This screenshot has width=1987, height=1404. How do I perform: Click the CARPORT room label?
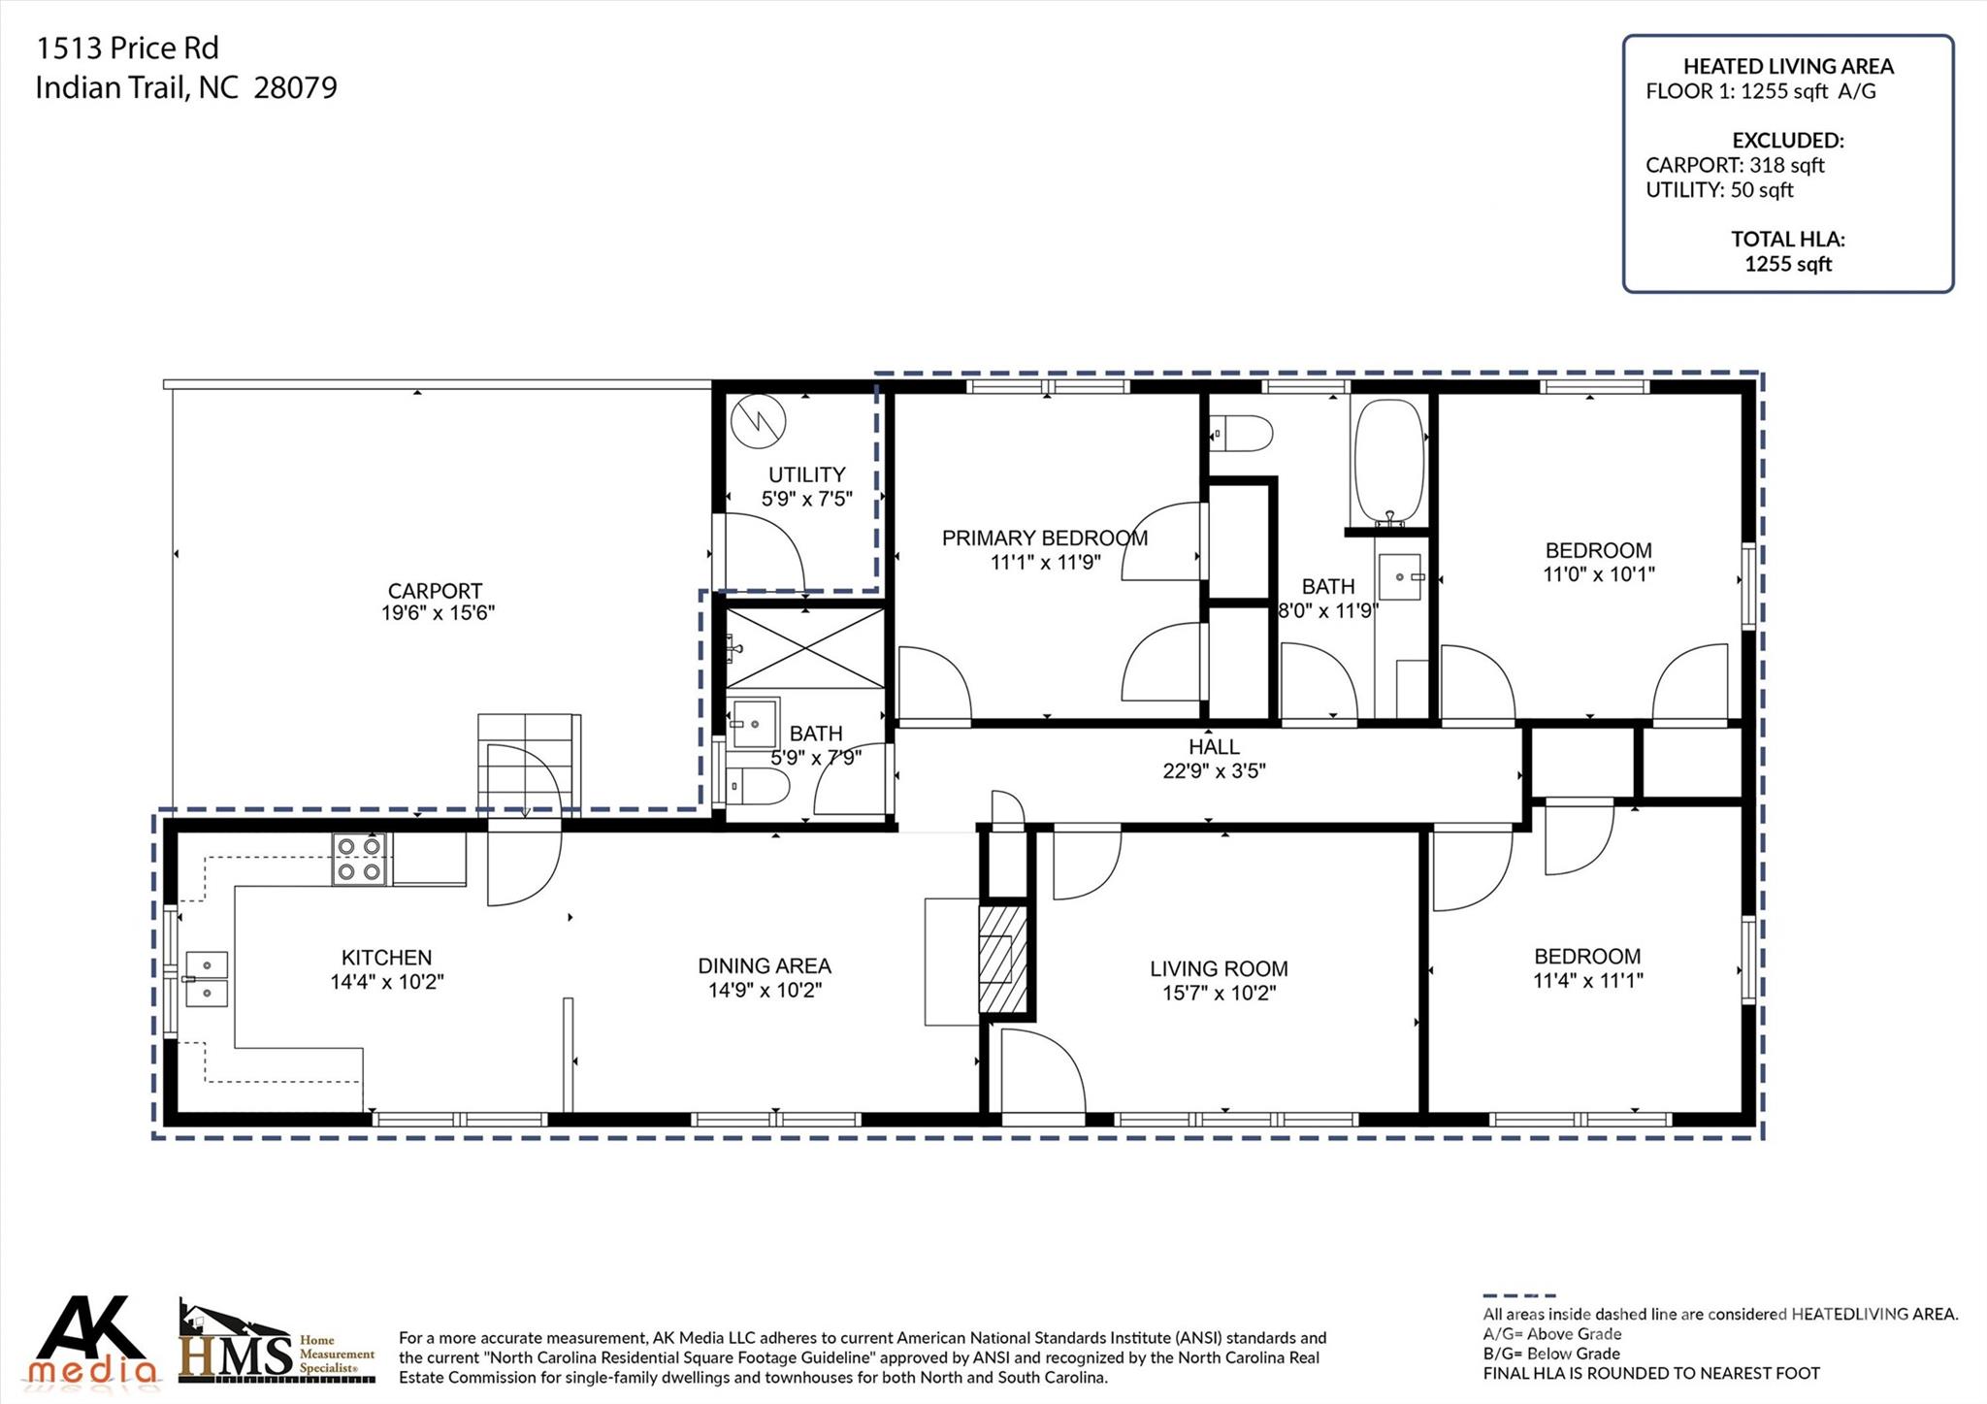435,591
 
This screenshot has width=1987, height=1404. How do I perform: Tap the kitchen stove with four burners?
358,860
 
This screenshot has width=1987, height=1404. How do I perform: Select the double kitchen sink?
206,979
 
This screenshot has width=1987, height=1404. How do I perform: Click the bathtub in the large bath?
1388,462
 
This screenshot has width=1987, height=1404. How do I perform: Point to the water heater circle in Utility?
758,423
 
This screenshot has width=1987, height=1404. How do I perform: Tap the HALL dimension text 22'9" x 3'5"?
1214,771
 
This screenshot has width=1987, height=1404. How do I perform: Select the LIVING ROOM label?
1219,968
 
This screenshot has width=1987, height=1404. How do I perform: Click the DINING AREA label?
765,966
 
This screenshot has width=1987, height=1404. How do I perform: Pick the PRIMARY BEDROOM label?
1045,539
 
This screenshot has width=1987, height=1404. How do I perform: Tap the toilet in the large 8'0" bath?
1241,434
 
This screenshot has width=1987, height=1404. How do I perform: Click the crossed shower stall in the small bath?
805,649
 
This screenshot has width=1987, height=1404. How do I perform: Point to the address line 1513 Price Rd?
127,48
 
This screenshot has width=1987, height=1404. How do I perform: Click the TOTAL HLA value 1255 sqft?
1788,264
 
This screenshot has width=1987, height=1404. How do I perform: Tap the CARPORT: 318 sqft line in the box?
1735,165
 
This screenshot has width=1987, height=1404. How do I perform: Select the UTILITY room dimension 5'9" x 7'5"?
807,499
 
